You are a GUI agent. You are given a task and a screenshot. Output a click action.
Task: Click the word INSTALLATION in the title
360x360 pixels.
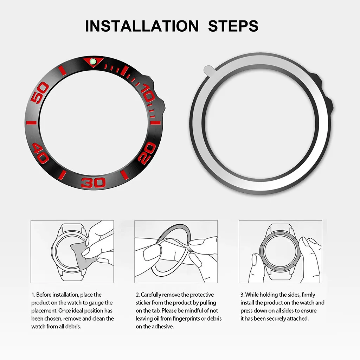coord(142,26)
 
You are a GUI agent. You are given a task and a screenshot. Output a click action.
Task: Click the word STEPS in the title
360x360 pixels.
coord(233,26)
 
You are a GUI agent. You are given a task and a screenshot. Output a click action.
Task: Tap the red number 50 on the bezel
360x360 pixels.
coord(39,92)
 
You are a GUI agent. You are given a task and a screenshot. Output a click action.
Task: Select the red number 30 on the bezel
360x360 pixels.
coord(93,183)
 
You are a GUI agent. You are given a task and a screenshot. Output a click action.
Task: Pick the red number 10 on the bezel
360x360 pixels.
coord(147,92)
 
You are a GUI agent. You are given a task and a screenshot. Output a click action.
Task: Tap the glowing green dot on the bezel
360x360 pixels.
coord(93,61)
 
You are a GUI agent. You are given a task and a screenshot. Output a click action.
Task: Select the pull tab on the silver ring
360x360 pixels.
coord(209,70)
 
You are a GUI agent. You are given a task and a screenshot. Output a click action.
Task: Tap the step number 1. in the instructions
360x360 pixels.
coord(33,295)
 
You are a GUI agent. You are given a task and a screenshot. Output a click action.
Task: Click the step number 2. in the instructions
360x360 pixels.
coord(138,295)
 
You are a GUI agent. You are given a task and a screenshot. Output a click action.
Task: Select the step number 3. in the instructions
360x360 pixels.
coord(243,295)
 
